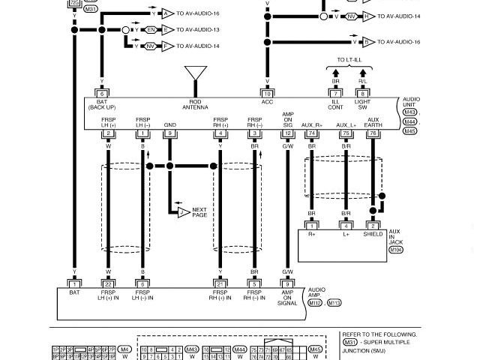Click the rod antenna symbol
pyautogui.click(x=196, y=73)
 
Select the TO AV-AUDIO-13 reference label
pyautogui.click(x=198, y=30)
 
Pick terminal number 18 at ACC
pyautogui.click(x=267, y=94)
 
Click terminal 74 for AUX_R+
pyautogui.click(x=311, y=133)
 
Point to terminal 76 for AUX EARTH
pyautogui.click(x=373, y=133)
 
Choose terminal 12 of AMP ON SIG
pyautogui.click(x=287, y=133)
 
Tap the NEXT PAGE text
pyautogui.click(x=199, y=212)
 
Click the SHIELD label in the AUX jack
pyautogui.click(x=373, y=234)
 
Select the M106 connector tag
pyautogui.click(x=395, y=250)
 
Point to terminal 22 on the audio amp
pyautogui.click(x=108, y=284)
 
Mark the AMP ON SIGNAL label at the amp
pyautogui.click(x=287, y=298)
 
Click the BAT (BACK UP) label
pyautogui.click(x=101, y=104)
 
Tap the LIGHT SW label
pyautogui.click(x=362, y=104)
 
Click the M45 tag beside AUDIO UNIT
pyautogui.click(x=409, y=131)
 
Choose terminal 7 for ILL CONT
pyautogui.click(x=335, y=94)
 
